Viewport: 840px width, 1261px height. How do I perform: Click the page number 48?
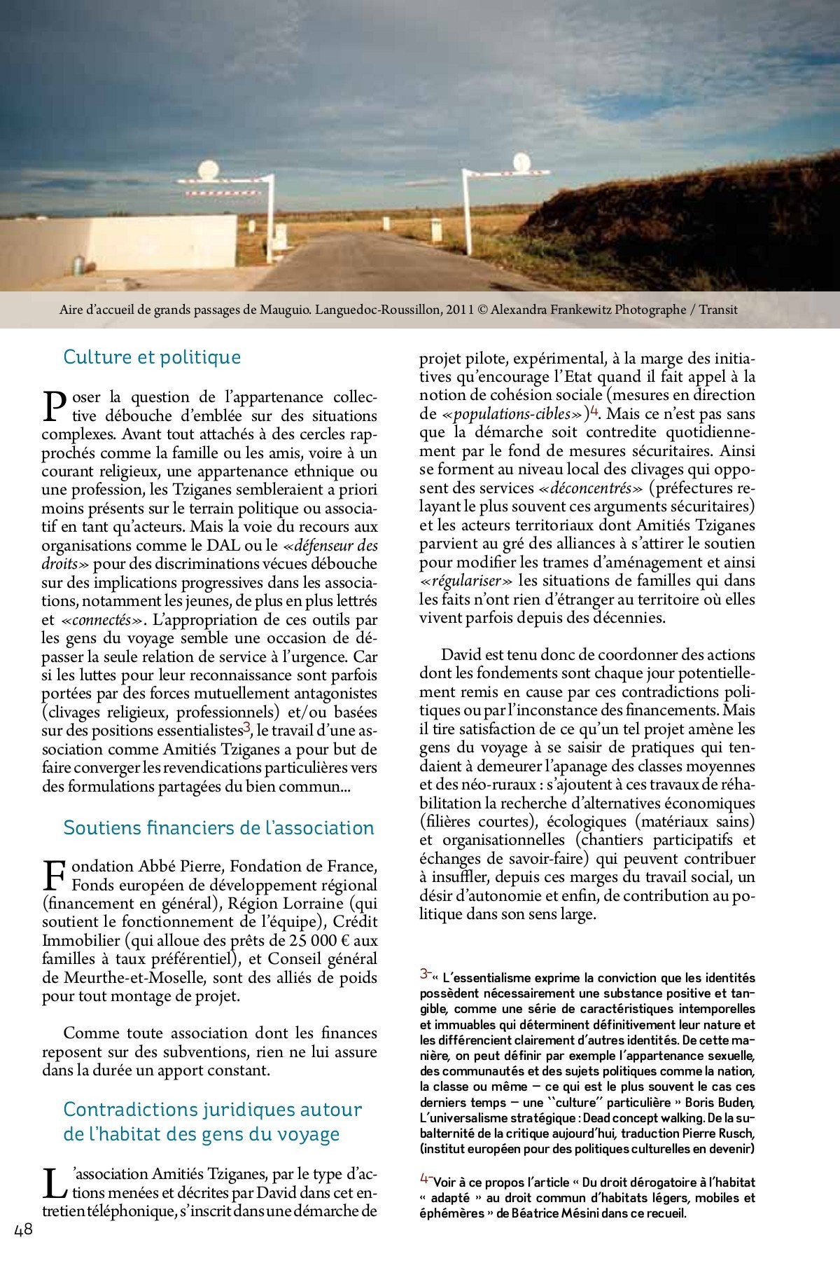pos(23,1231)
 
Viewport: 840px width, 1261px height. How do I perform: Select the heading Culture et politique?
pos(152,357)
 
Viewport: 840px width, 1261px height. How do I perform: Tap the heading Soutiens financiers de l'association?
pos(218,828)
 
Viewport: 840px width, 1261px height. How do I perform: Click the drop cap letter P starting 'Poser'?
pos(55,406)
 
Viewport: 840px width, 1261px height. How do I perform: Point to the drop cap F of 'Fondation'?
pos(55,876)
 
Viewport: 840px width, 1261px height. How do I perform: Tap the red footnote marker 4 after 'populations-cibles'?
pos(594,411)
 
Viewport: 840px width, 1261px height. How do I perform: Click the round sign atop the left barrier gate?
pos(209,169)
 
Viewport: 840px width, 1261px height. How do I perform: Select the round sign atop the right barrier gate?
pos(522,162)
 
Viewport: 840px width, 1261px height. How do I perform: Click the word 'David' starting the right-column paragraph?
pos(461,655)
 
